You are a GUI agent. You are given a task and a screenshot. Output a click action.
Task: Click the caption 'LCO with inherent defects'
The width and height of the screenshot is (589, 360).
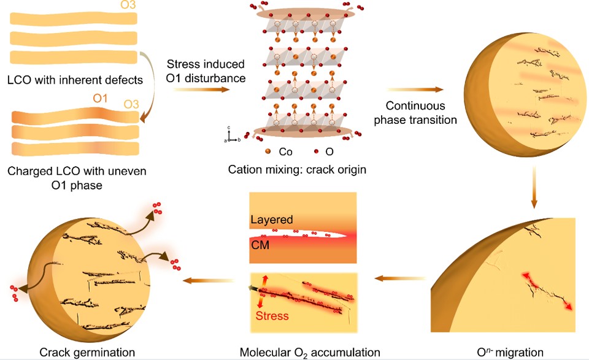tap(75, 80)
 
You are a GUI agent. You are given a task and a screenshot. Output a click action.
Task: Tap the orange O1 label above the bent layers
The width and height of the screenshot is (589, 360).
tap(100, 98)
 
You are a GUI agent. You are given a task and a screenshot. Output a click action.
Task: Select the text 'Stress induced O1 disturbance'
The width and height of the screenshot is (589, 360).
tap(206, 71)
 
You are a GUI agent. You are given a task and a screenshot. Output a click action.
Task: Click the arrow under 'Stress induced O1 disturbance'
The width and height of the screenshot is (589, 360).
tap(202, 90)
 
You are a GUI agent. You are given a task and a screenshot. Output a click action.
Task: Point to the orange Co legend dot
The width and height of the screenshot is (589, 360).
tap(268, 151)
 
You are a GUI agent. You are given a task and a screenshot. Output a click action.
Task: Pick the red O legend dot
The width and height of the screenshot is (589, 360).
tap(316, 151)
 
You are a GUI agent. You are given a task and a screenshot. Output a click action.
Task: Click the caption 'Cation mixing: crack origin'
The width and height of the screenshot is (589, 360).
tap(297, 170)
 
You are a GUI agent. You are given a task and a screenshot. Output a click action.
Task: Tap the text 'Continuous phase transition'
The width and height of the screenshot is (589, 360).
tap(415, 113)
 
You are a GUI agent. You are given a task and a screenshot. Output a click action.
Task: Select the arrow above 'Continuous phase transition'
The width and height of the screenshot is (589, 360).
tap(415, 90)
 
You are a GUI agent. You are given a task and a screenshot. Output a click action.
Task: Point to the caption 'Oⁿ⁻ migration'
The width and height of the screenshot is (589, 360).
tap(510, 353)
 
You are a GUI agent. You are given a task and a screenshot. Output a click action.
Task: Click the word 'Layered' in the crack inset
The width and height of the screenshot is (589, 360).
tap(272, 220)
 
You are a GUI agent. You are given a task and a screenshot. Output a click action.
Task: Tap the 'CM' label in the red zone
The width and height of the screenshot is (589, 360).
tap(260, 245)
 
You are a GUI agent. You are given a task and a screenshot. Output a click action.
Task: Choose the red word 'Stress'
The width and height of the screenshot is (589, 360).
tap(272, 316)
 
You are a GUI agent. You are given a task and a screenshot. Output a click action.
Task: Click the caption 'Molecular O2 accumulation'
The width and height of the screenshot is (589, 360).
tap(310, 353)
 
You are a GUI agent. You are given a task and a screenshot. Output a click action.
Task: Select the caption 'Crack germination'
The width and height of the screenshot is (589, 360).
tap(87, 353)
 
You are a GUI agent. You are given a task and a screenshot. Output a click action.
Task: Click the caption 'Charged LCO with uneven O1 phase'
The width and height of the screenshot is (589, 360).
tap(77, 178)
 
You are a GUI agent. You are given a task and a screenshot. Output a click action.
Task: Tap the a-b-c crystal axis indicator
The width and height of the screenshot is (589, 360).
tap(231, 135)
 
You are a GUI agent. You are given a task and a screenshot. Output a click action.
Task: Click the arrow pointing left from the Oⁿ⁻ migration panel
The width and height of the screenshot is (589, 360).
tap(399, 278)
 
